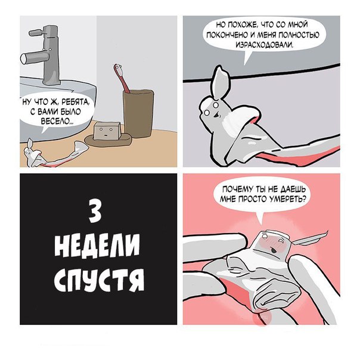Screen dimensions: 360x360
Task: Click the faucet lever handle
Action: [36, 32]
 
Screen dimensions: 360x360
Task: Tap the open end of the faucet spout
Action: [23, 59]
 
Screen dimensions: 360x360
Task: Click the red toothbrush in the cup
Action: [122, 77]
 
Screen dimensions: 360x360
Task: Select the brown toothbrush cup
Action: [138, 113]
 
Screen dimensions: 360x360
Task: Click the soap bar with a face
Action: [107, 131]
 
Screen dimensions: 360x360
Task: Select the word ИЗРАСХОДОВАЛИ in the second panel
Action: [265, 45]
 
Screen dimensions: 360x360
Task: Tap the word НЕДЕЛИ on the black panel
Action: [97, 245]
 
